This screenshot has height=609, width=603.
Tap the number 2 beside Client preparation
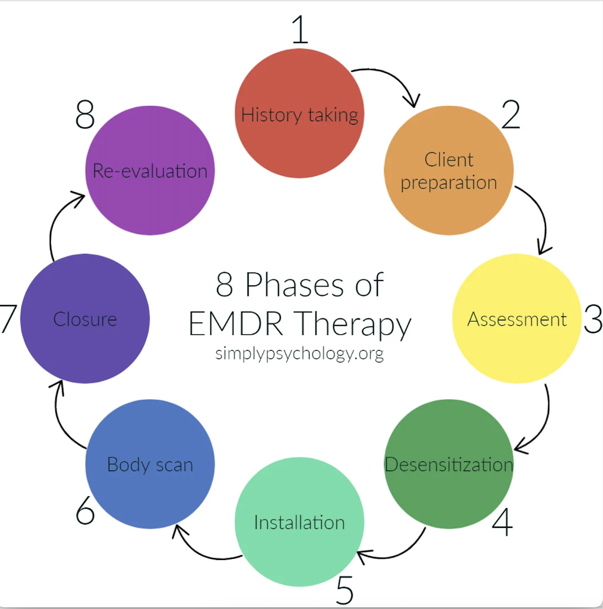tap(511, 114)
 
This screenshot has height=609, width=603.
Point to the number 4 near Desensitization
tap(502, 522)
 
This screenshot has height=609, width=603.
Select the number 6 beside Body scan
tap(85, 511)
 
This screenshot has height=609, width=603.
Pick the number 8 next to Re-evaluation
tap(85, 114)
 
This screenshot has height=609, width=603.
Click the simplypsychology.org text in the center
tap(299, 353)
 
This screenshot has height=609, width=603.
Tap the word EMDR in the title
tap(235, 324)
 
